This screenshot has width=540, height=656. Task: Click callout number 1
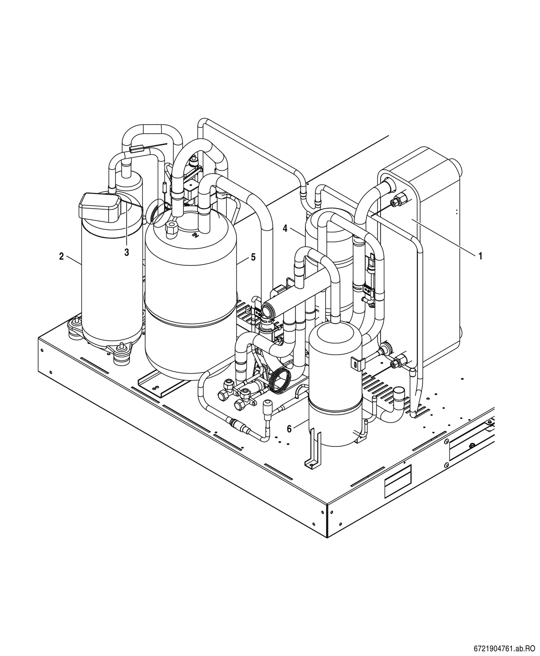pyautogui.click(x=480, y=256)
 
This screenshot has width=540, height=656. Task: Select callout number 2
pyautogui.click(x=62, y=257)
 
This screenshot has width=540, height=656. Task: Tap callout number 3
pyautogui.click(x=127, y=253)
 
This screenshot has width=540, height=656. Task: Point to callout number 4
pyautogui.click(x=285, y=229)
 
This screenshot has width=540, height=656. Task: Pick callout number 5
pyautogui.click(x=253, y=257)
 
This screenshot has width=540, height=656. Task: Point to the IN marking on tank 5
pyautogui.click(x=195, y=235)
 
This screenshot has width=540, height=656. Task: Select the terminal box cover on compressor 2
pyautogui.click(x=100, y=208)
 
